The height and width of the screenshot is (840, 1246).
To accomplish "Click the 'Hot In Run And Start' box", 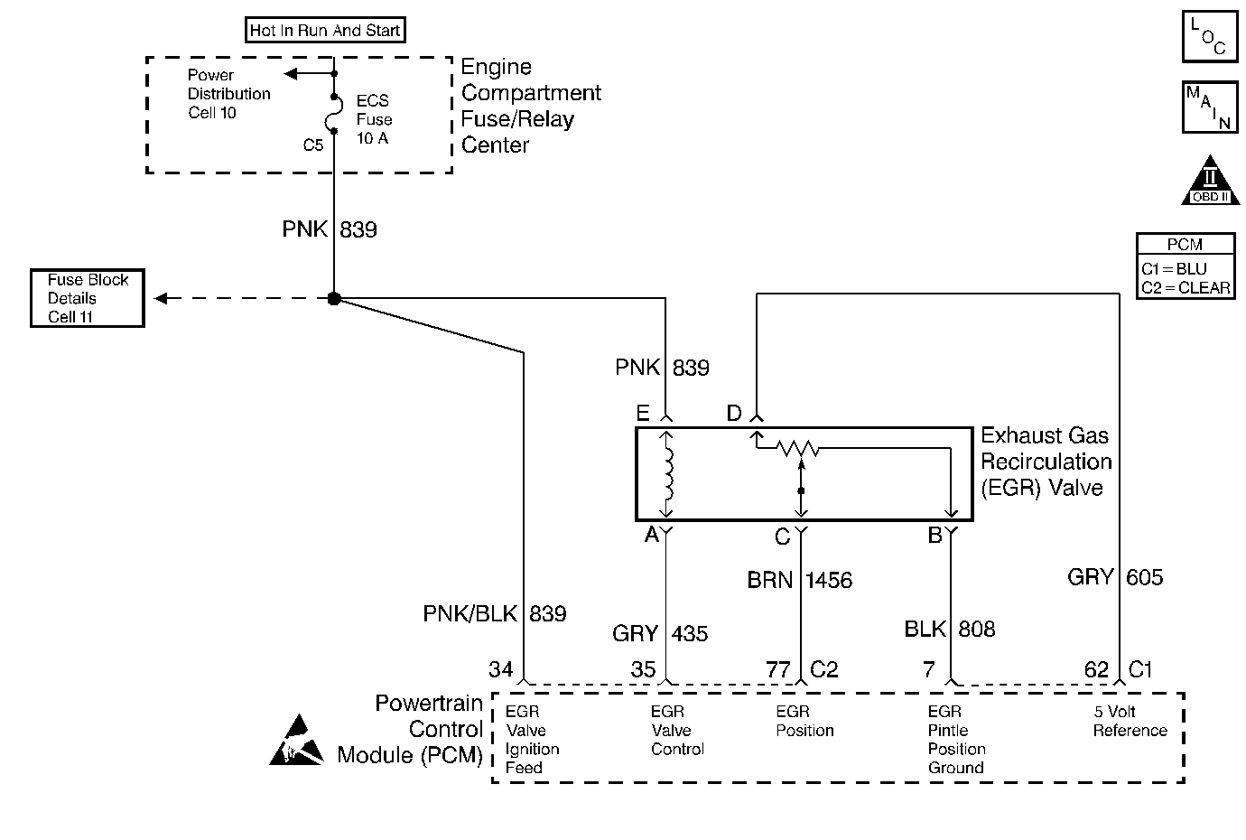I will click(325, 30).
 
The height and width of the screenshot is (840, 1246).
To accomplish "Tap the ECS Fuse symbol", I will click(334, 114).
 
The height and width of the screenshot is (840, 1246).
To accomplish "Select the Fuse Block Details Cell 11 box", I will click(88, 298).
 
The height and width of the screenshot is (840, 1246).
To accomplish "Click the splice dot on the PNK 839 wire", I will click(334, 299).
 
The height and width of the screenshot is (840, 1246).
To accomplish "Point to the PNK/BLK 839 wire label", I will click(494, 614).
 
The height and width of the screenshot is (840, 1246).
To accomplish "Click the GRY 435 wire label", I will click(659, 634).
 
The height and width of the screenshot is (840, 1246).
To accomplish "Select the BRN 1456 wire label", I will click(799, 580).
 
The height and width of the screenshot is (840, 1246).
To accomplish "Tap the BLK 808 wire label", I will click(949, 629).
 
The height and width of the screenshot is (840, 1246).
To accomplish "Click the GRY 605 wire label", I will click(1115, 577).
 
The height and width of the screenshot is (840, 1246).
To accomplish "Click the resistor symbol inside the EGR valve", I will click(799, 447).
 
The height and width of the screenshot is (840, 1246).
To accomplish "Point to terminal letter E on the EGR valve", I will click(643, 414).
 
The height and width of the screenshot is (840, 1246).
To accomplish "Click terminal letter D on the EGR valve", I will click(734, 414).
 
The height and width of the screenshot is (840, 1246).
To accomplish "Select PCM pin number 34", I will click(501, 669).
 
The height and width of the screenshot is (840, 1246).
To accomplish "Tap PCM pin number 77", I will click(778, 669).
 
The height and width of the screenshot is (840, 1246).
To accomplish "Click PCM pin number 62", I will click(1096, 669).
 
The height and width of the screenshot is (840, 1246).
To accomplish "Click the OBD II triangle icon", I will click(1209, 181).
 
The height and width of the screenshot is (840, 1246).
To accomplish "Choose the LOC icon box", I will click(1209, 37).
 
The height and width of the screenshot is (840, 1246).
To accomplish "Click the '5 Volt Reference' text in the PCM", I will click(1130, 721).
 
